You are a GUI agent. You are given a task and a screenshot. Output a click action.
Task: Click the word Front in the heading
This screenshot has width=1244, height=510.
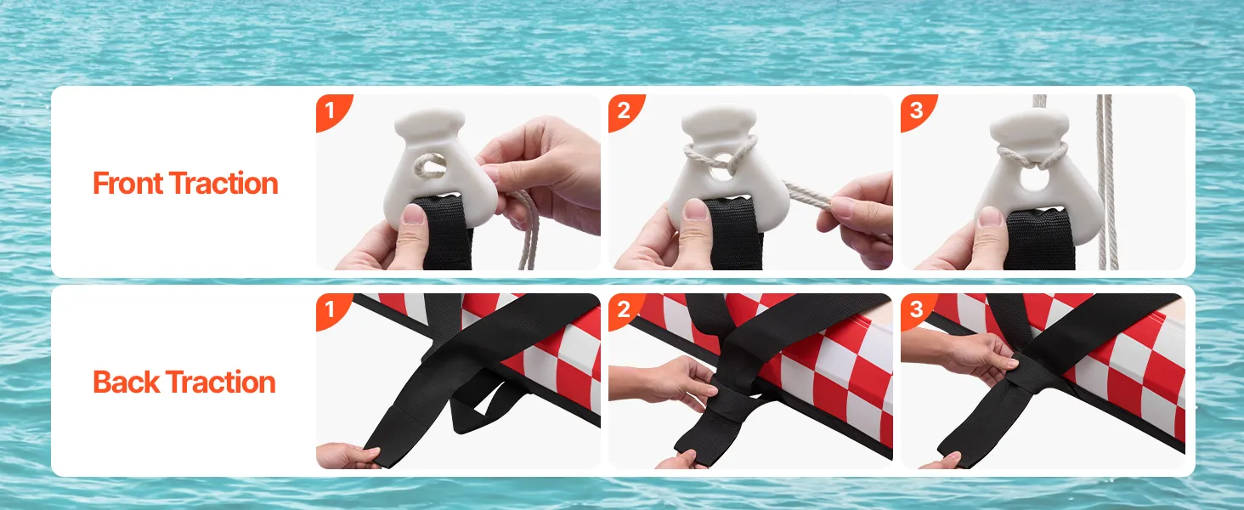pyautogui.click(x=127, y=184)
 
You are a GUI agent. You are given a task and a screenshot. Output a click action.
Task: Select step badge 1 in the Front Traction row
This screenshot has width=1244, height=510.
pyautogui.click(x=331, y=110)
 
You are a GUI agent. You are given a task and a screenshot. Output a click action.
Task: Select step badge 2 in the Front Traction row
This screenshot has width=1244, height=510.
pyautogui.click(x=624, y=110)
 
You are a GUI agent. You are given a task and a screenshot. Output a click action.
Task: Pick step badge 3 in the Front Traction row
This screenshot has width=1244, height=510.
pyautogui.click(x=916, y=110)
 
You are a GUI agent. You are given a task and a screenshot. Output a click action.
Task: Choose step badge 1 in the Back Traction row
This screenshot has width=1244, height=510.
pyautogui.click(x=331, y=309)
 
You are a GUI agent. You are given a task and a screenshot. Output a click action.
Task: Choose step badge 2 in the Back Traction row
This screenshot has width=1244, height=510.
pyautogui.click(x=624, y=309)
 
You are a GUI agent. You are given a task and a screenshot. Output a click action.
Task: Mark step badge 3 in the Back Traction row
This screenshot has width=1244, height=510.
pyautogui.click(x=916, y=309)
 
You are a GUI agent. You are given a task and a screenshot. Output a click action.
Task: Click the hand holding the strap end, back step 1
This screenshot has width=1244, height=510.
pyautogui.click(x=343, y=456)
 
